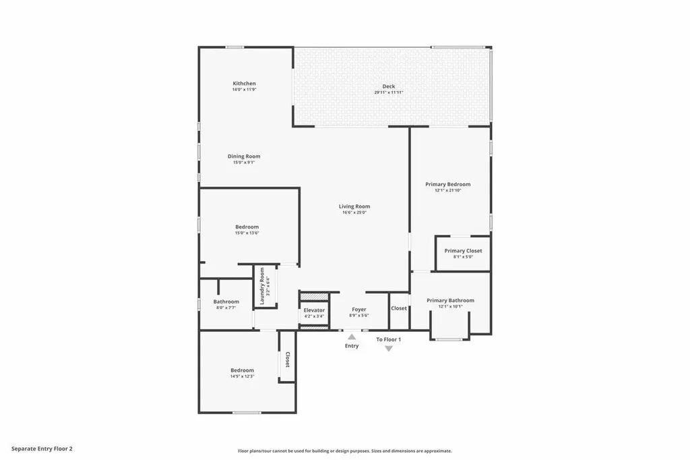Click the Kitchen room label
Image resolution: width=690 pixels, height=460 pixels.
(244, 84)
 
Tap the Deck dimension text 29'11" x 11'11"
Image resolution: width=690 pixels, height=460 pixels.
(389, 92)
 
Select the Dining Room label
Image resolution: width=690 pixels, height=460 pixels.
(244, 156)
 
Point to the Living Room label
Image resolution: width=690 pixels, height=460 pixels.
(354, 206)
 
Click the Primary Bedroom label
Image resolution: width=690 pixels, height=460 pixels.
(448, 184)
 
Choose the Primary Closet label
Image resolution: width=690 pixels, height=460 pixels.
(463, 251)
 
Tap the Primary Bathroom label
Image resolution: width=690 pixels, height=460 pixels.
(450, 300)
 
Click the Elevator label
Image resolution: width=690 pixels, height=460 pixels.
(314, 310)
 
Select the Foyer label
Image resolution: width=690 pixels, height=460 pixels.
(359, 310)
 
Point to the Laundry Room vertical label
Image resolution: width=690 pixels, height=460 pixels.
(262, 287)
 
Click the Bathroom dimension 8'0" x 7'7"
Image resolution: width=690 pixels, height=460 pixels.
(226, 308)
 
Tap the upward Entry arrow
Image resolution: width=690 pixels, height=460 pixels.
(352, 336)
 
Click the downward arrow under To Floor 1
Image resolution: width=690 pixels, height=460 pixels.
(389, 348)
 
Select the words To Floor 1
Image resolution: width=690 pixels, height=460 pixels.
(389, 339)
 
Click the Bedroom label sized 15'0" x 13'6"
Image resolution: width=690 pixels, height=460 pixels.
(247, 227)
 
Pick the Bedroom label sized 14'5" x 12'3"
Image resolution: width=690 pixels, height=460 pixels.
(243, 370)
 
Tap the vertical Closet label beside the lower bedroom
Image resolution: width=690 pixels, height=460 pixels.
(288, 360)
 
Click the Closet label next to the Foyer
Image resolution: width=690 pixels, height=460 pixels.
(399, 308)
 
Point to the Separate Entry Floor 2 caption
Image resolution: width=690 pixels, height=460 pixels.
(42, 448)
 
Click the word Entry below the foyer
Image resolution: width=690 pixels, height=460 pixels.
(352, 346)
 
